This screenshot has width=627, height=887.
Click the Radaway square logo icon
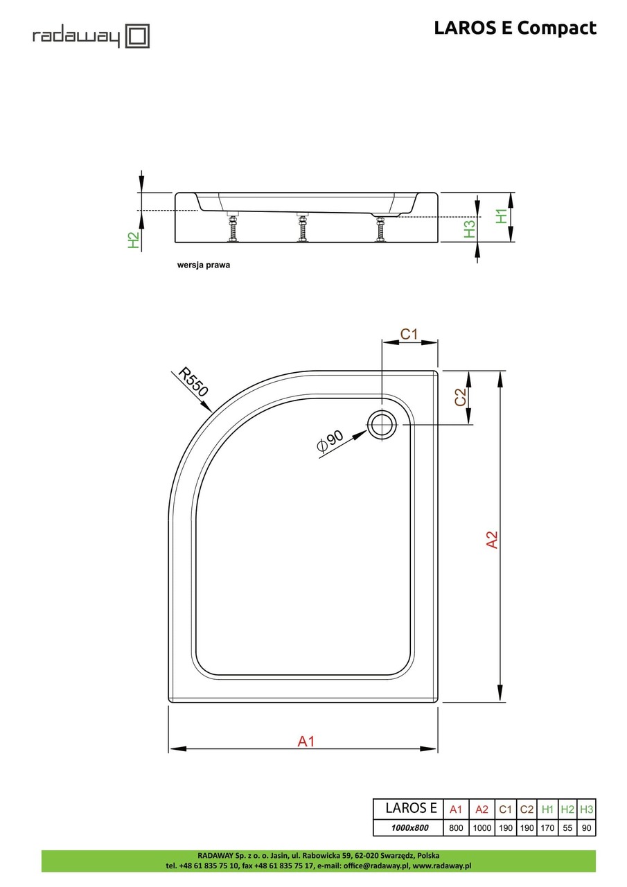click(x=137, y=35)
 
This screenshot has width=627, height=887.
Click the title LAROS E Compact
click(x=515, y=28)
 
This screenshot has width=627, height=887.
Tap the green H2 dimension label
click(x=134, y=240)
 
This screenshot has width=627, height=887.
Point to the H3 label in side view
click(x=470, y=229)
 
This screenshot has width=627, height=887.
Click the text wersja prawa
click(x=204, y=265)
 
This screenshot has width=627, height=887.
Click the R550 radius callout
click(x=193, y=381)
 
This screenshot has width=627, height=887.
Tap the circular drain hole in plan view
click(x=380, y=424)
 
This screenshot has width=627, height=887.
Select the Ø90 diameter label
click(x=330, y=441)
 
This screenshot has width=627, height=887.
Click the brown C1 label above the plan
click(x=409, y=334)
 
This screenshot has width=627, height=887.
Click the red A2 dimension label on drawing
click(x=491, y=540)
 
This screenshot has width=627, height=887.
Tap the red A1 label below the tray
click(x=306, y=741)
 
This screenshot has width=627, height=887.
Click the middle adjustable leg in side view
click(x=302, y=228)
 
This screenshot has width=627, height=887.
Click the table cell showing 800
click(x=455, y=827)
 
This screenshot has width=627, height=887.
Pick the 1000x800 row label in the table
click(x=407, y=827)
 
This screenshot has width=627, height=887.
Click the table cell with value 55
click(x=567, y=827)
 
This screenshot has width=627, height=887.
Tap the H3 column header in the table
click(x=587, y=809)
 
